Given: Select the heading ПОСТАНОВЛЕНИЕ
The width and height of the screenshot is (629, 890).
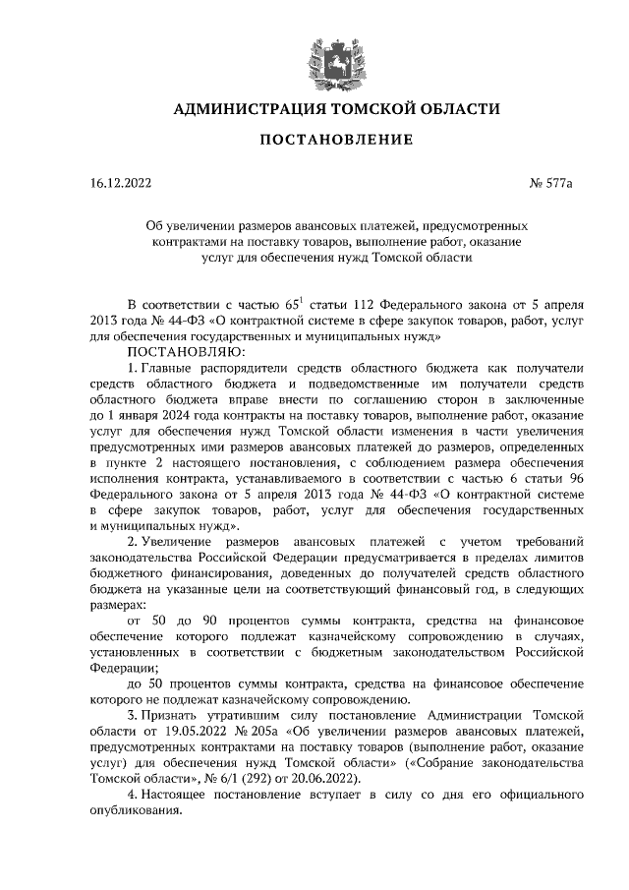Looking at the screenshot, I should pyautogui.click(x=314, y=143).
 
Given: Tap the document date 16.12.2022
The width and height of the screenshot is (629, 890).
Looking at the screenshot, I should pyautogui.click(x=119, y=182).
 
